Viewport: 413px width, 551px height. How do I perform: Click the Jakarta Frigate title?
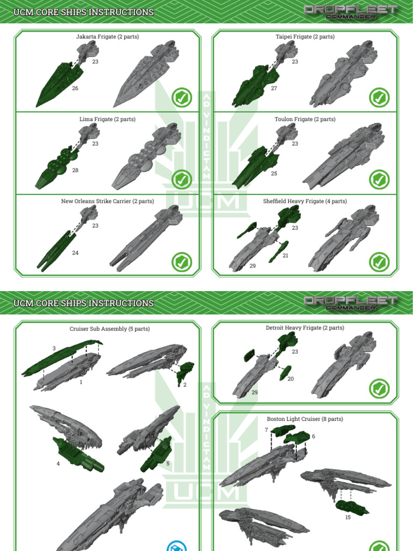[x=107, y=37]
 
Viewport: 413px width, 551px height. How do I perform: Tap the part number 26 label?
[x=75, y=88]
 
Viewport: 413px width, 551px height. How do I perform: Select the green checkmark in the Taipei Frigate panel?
[x=379, y=97]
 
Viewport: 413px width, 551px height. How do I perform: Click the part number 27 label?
[x=274, y=88]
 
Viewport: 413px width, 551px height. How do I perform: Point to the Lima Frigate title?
[x=107, y=119]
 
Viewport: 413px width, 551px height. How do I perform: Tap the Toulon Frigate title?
[x=305, y=119]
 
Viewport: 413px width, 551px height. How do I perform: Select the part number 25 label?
[x=274, y=174]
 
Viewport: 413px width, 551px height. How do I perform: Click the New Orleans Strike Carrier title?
[x=107, y=201]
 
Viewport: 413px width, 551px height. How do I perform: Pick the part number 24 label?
[x=75, y=252]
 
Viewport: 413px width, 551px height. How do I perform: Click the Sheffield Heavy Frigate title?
[x=305, y=201]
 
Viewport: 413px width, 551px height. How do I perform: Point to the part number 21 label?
[x=285, y=256]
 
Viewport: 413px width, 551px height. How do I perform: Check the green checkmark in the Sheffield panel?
[x=379, y=262]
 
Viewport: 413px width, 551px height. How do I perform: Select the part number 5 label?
[x=168, y=463]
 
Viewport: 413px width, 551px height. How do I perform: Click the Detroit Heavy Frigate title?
[x=305, y=328]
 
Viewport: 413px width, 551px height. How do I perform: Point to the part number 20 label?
[x=290, y=379]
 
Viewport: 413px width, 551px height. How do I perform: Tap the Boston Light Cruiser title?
[x=305, y=419]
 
